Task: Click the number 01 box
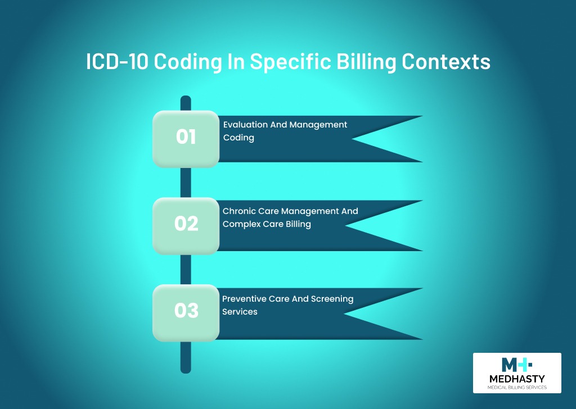tap(186, 139)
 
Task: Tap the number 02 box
tap(186, 226)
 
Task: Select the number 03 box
tap(186, 313)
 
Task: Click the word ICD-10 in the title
tap(117, 61)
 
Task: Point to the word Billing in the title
tap(366, 62)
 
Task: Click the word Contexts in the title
tap(446, 62)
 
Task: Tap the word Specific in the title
tap(291, 62)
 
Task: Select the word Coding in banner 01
tap(238, 138)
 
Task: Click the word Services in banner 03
tap(240, 312)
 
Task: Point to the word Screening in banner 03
tap(332, 299)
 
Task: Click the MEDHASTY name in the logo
tap(517, 379)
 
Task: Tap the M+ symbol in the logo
tap(516, 365)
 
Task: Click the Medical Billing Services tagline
tap(517, 387)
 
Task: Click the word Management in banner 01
tap(318, 125)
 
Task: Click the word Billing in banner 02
tap(298, 225)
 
